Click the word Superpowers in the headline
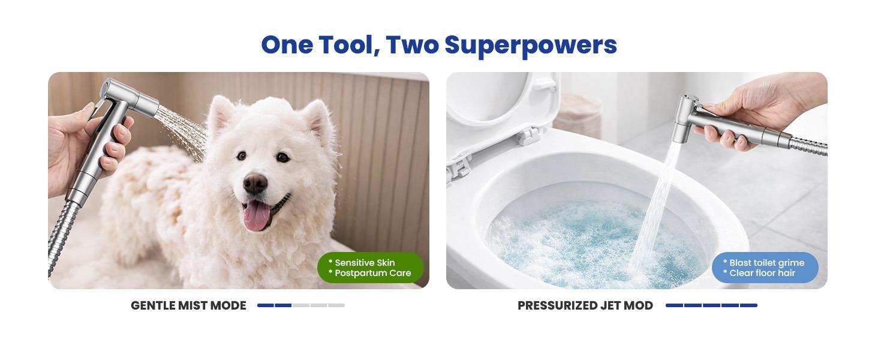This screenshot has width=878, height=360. pos(530,46)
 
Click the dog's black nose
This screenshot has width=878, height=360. pos(255,184)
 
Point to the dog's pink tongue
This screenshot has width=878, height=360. pos(257,216)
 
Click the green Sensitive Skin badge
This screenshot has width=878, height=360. pos(370,268)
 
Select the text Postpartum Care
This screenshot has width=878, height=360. pos(372,273)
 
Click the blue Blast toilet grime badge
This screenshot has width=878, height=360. pos(765,268)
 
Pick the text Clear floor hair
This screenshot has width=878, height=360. pos(762,273)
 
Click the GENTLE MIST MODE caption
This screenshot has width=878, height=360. pos(188,305)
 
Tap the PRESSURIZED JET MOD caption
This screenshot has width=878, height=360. pos(585,305)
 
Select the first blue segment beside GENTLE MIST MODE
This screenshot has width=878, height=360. pos(265,305)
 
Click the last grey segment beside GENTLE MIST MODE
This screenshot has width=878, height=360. pos(336,305)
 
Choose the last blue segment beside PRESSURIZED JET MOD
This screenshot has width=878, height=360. pos(748,305)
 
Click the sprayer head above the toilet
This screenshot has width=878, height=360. pos(686,117)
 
